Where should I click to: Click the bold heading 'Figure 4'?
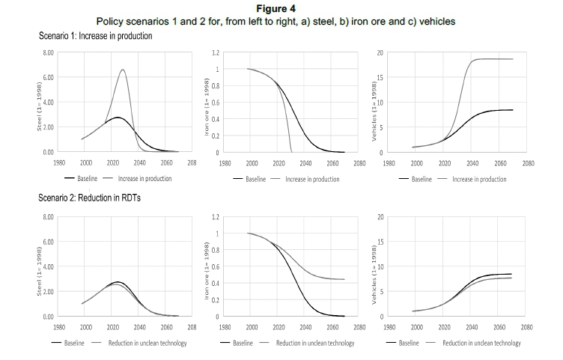281,8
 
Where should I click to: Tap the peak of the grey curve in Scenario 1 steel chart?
123,70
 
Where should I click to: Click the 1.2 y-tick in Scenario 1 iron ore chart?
215,53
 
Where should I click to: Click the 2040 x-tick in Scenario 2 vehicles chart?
472,326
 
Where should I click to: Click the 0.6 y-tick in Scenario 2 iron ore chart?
214,266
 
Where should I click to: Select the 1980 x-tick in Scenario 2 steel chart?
59,326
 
